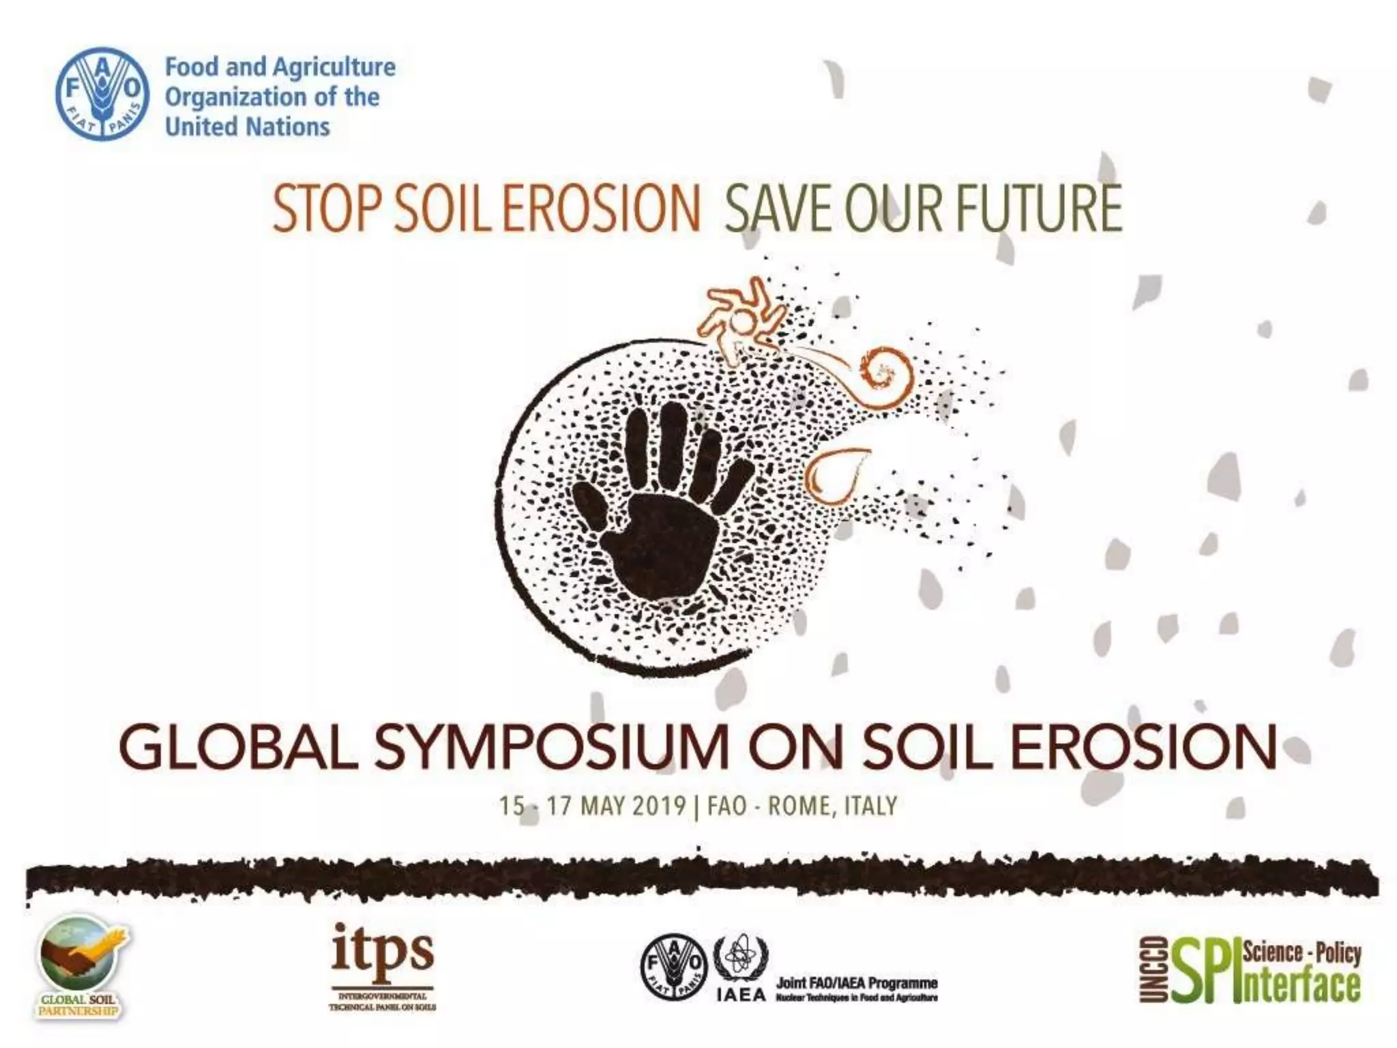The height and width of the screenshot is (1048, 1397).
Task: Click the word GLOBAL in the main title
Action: (239, 748)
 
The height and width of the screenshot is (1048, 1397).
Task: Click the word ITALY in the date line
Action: (870, 806)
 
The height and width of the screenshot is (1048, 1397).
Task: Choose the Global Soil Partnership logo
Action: (81, 966)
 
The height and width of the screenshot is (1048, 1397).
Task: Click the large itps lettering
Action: (383, 950)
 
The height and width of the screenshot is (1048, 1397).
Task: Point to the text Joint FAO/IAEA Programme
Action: (857, 983)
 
